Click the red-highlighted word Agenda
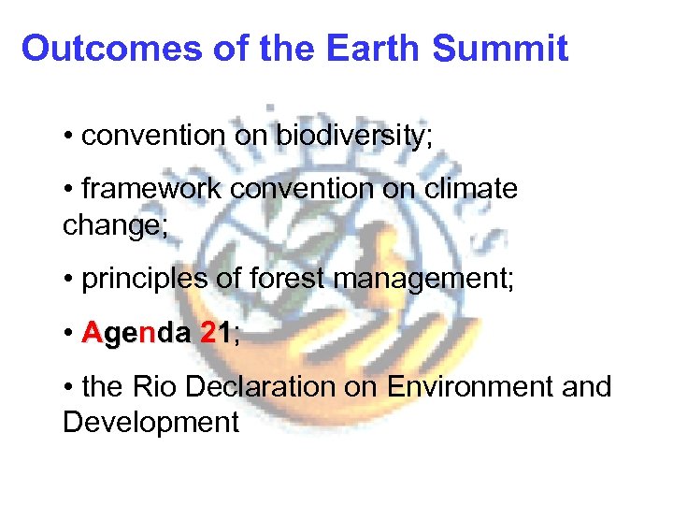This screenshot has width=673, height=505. (136, 333)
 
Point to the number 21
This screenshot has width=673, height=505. (216, 333)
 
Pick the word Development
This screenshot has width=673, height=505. (150, 422)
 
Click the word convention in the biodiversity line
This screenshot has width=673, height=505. (152, 137)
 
